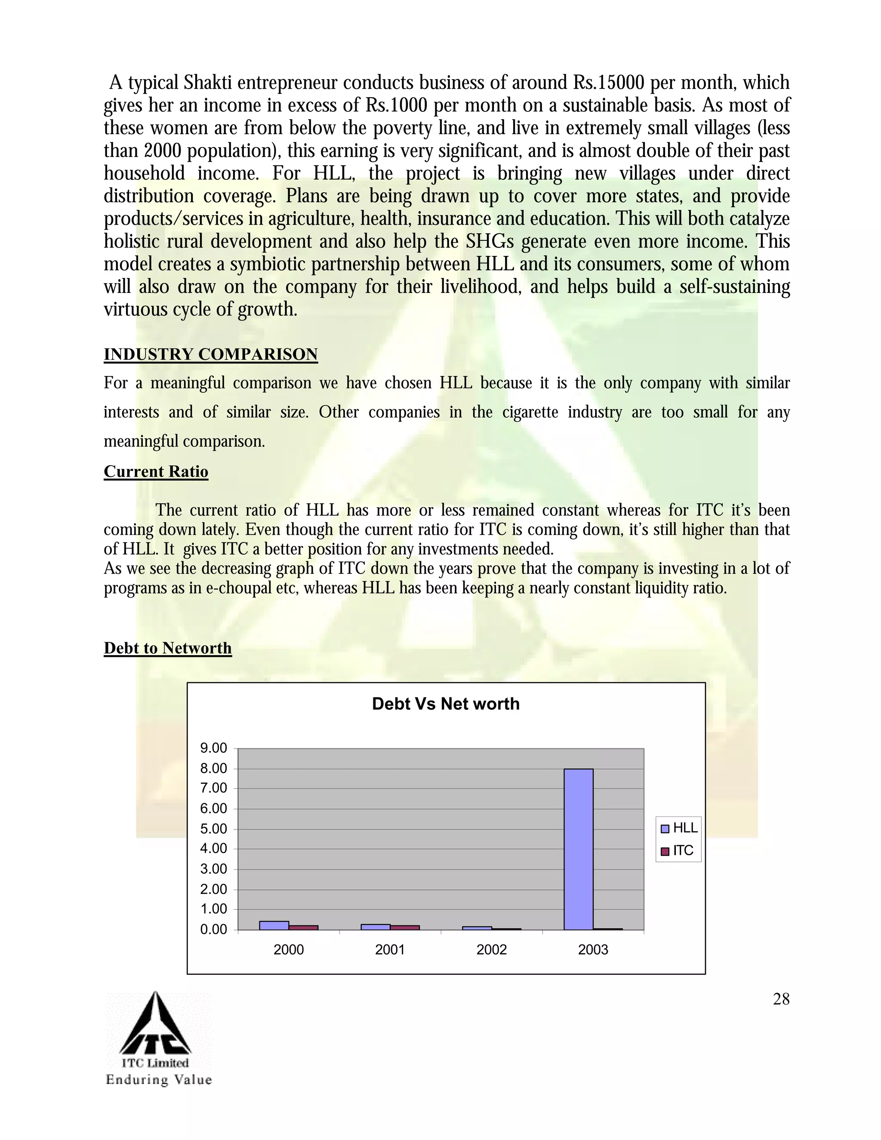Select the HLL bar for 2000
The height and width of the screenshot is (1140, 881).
point(274,925)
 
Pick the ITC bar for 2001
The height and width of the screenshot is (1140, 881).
point(405,927)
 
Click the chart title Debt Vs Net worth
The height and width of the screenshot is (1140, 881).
point(446,704)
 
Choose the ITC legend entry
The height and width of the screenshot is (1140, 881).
point(678,851)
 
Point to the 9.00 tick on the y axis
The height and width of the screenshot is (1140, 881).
point(214,749)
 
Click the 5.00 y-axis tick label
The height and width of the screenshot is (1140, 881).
point(214,829)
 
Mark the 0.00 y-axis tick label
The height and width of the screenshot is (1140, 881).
point(214,930)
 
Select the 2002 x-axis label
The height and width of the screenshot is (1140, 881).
point(492,949)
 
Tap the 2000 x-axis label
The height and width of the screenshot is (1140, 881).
point(289,949)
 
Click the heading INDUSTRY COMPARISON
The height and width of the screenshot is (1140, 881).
point(210,354)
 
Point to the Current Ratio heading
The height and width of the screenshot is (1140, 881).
point(156,471)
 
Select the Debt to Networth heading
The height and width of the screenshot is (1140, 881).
point(167,648)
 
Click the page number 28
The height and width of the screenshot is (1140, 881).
point(781,999)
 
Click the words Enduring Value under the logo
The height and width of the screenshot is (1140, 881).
point(159,1079)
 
